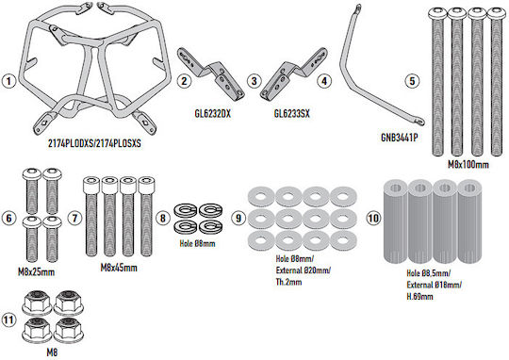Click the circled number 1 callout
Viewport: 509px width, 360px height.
pyautogui.click(x=8, y=81)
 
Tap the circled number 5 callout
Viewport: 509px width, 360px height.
pyautogui.click(x=412, y=81)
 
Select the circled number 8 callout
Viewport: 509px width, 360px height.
pyautogui.click(x=163, y=218)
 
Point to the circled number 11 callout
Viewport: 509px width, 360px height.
pyautogui.click(x=8, y=319)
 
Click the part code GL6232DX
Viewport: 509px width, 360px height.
pyautogui.click(x=212, y=114)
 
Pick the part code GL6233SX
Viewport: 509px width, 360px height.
pyautogui.click(x=291, y=114)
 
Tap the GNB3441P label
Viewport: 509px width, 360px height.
pyautogui.click(x=399, y=138)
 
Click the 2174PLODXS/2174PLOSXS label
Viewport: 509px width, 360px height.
pyautogui.click(x=94, y=143)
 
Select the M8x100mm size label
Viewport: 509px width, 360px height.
pyautogui.click(x=468, y=165)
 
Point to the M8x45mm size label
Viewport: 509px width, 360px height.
pyautogui.click(x=119, y=268)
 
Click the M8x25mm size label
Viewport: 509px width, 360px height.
pyautogui.click(x=36, y=272)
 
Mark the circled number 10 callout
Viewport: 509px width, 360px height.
pyautogui.click(x=373, y=218)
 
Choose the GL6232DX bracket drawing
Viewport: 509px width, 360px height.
pyautogui.click(x=211, y=74)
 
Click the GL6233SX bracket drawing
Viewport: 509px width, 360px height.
pyautogui.click(x=294, y=74)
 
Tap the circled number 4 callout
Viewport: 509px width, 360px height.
pyautogui.click(x=324, y=81)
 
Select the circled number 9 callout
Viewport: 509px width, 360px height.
pyautogui.click(x=238, y=218)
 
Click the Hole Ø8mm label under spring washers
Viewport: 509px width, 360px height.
pyautogui.click(x=197, y=243)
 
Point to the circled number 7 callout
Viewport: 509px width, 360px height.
pyautogui.click(x=74, y=218)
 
